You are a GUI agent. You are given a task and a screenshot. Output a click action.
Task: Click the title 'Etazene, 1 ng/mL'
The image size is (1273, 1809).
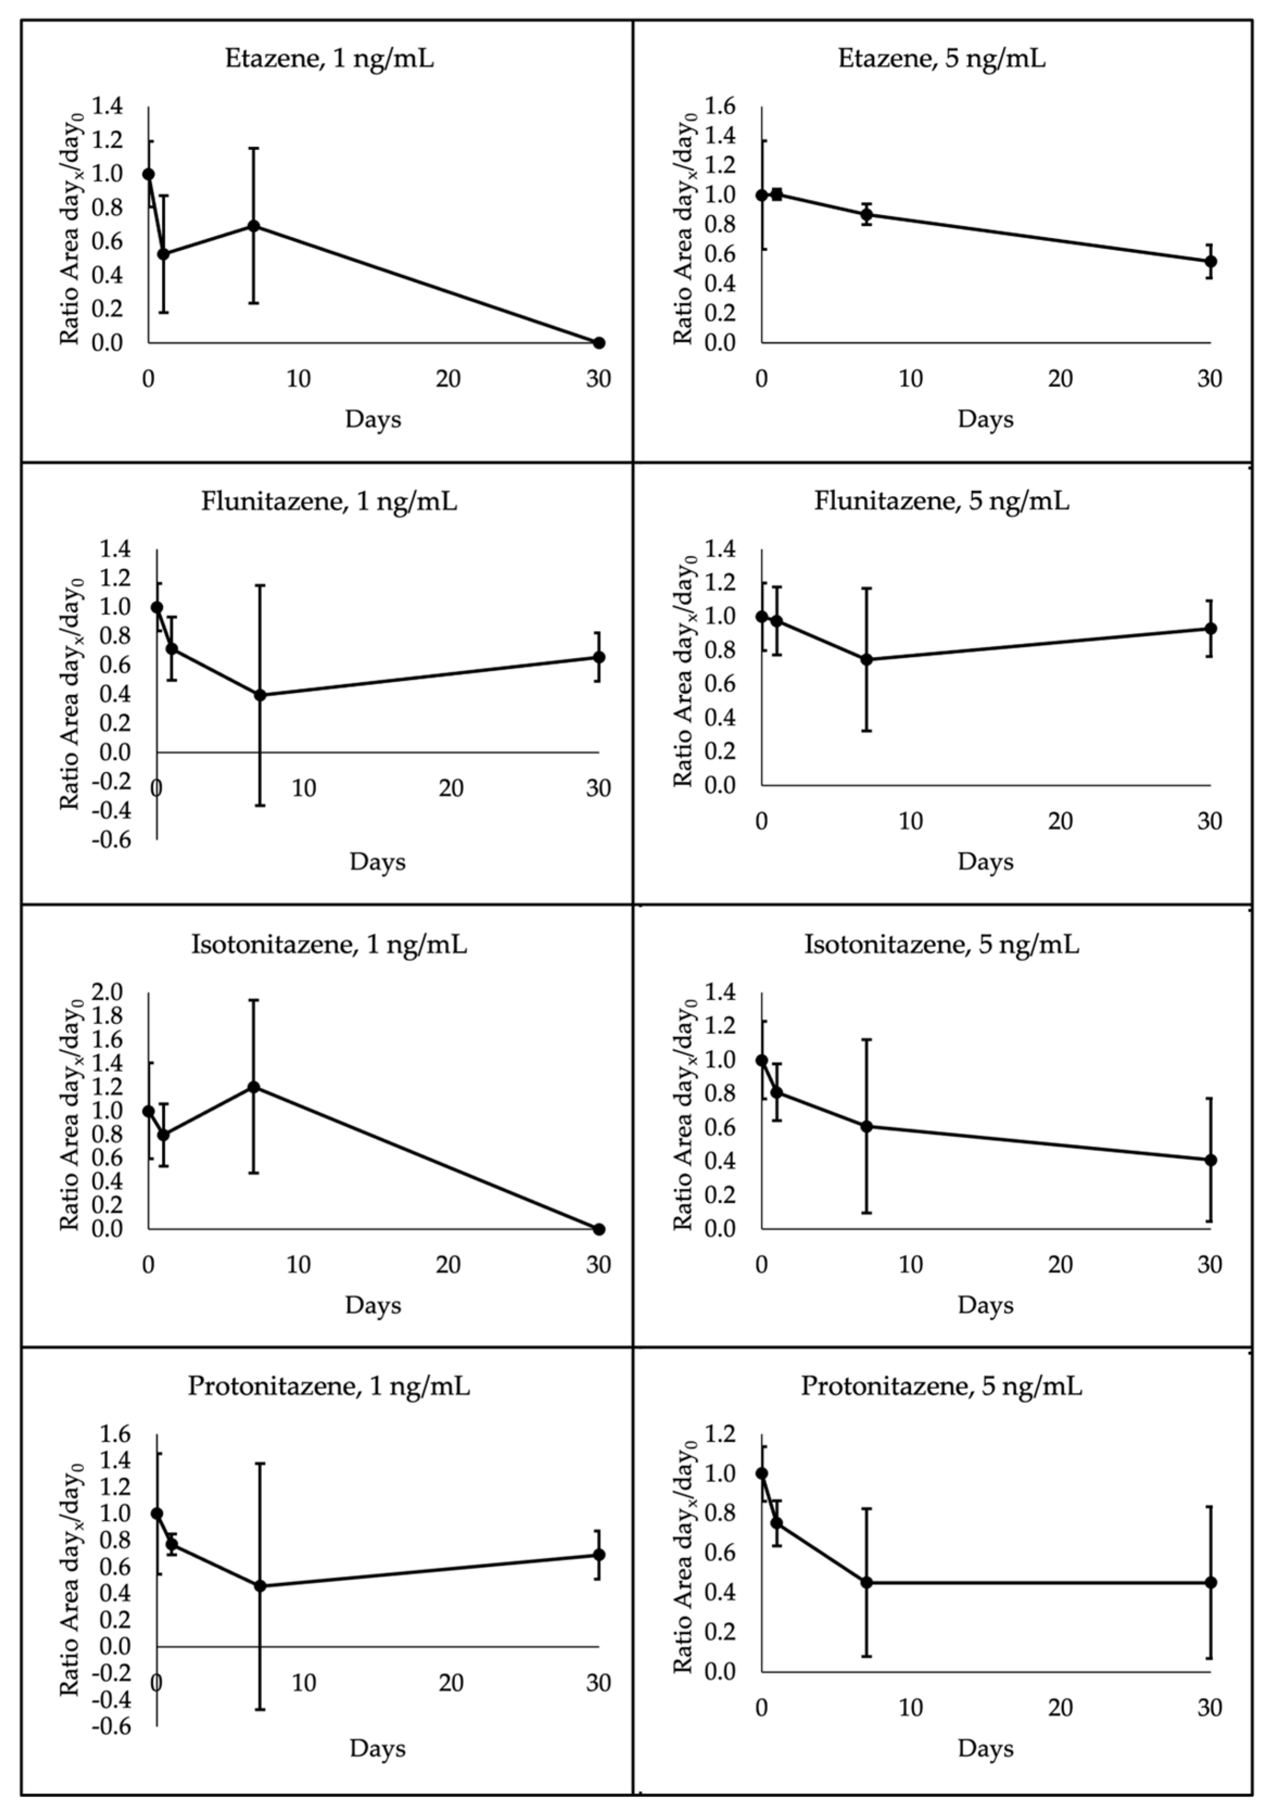point(329,59)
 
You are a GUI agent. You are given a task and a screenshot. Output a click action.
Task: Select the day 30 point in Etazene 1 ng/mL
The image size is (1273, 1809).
point(599,342)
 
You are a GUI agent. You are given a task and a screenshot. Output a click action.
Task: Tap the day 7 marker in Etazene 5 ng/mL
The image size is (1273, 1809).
point(867,214)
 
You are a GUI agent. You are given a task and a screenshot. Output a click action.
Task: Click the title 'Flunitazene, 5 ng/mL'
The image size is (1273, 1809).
point(941,501)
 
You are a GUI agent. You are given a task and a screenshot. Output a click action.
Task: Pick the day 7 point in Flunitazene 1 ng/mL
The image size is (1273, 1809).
point(260,695)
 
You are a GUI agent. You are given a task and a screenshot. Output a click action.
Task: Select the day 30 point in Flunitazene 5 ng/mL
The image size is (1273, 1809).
point(1211,629)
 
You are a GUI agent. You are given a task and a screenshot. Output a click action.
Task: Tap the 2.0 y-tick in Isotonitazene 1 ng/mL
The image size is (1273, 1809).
point(108,992)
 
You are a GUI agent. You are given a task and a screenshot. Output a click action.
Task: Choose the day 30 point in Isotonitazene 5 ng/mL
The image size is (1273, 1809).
point(1211,1160)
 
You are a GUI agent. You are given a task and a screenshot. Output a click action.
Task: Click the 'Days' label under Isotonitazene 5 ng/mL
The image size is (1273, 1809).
point(985,1305)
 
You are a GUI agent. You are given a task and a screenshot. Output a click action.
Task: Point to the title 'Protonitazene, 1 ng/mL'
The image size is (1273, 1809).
point(329,1386)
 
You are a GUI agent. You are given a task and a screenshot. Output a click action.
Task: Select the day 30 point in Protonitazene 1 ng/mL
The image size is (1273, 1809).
point(599,1554)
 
